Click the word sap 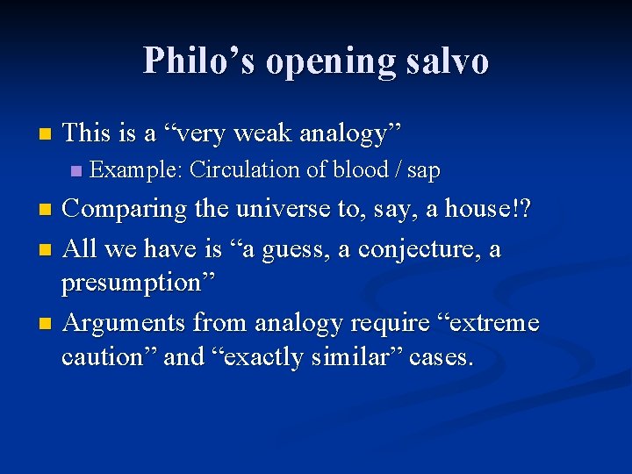(x=423, y=171)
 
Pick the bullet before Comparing (x=47, y=211)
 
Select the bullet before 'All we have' (x=47, y=249)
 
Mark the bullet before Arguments (x=47, y=324)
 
